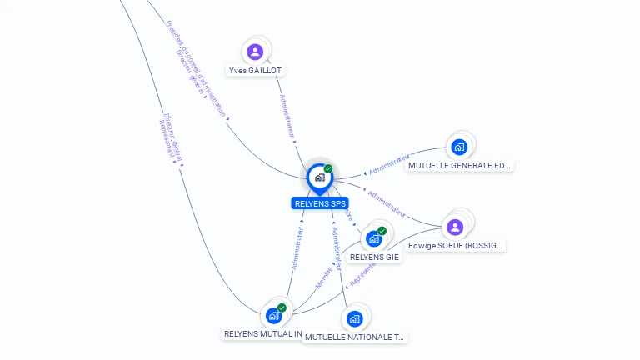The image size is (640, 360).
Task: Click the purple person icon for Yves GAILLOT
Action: (x=256, y=52)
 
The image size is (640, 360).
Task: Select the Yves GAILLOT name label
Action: (x=256, y=71)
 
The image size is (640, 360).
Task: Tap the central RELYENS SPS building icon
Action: (x=319, y=177)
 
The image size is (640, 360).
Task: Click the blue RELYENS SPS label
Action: (x=320, y=203)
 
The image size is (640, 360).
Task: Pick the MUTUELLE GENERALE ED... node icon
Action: (x=458, y=147)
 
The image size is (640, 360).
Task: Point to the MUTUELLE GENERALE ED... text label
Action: (x=459, y=166)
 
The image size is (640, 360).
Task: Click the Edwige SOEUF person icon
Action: (x=455, y=227)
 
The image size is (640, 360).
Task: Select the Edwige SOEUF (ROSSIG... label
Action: (x=456, y=246)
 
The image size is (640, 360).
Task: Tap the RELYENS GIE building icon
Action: (x=374, y=238)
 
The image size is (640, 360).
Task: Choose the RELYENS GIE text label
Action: (x=375, y=257)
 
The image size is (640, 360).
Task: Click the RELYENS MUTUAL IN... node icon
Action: (x=273, y=316)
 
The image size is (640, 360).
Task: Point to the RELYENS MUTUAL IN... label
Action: (x=262, y=333)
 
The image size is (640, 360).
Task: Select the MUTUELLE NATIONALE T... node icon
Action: (x=355, y=318)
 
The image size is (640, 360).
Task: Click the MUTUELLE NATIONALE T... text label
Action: (x=354, y=337)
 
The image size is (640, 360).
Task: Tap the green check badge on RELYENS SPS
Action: (x=328, y=168)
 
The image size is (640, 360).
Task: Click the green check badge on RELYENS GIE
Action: (x=382, y=231)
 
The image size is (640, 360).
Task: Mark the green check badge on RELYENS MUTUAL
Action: (x=282, y=308)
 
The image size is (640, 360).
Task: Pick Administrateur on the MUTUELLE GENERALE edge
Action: (x=389, y=164)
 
